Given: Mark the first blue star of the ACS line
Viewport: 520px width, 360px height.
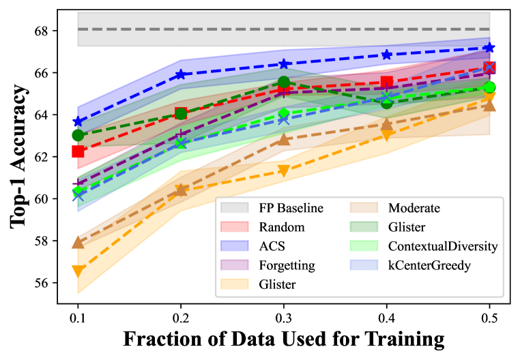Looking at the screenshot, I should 78,122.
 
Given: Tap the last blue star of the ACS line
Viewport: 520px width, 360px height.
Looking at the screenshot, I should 489,48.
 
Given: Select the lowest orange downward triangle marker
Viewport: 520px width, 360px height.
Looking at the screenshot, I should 78,271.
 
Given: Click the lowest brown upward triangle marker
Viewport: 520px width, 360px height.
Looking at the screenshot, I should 78,242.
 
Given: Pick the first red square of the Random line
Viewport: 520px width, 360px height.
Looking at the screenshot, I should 78,151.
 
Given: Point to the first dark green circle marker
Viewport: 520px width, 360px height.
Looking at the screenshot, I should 78,135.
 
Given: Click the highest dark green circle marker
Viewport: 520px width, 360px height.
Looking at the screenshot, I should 284,82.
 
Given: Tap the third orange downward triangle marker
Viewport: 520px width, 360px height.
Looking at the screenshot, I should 284,171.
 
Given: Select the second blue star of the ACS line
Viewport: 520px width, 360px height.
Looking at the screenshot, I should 181,74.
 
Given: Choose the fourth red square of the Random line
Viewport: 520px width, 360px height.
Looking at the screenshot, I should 387,83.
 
